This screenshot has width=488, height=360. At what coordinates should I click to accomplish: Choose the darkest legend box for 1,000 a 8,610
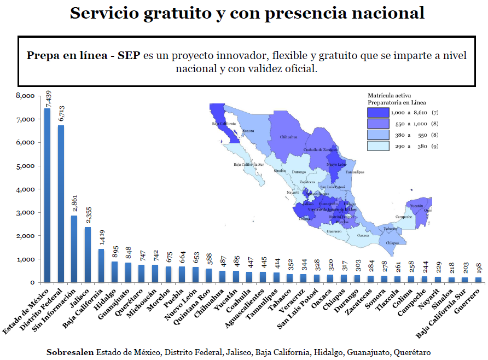[x=378, y=112]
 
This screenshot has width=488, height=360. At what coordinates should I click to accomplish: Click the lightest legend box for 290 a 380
[x=378, y=146]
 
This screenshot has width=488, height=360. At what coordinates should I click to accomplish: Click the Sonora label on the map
[x=248, y=131]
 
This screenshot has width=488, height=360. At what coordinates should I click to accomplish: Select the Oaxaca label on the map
[x=363, y=236]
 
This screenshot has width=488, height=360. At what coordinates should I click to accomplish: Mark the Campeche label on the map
[x=418, y=217]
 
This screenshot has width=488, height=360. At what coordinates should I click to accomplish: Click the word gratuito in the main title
[x=181, y=13]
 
